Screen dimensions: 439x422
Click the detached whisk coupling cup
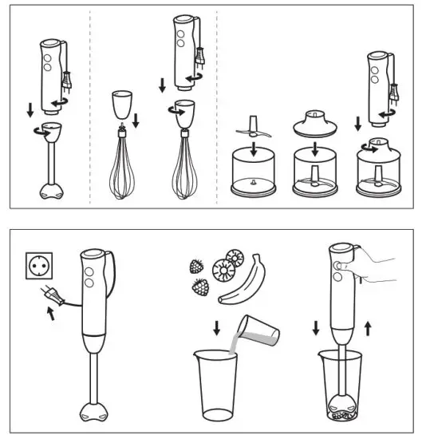click(122, 105)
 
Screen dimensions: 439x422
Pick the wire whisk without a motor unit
click(122, 172)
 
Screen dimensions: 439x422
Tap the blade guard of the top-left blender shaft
click(53, 192)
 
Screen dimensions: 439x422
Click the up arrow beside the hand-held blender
click(367, 327)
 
